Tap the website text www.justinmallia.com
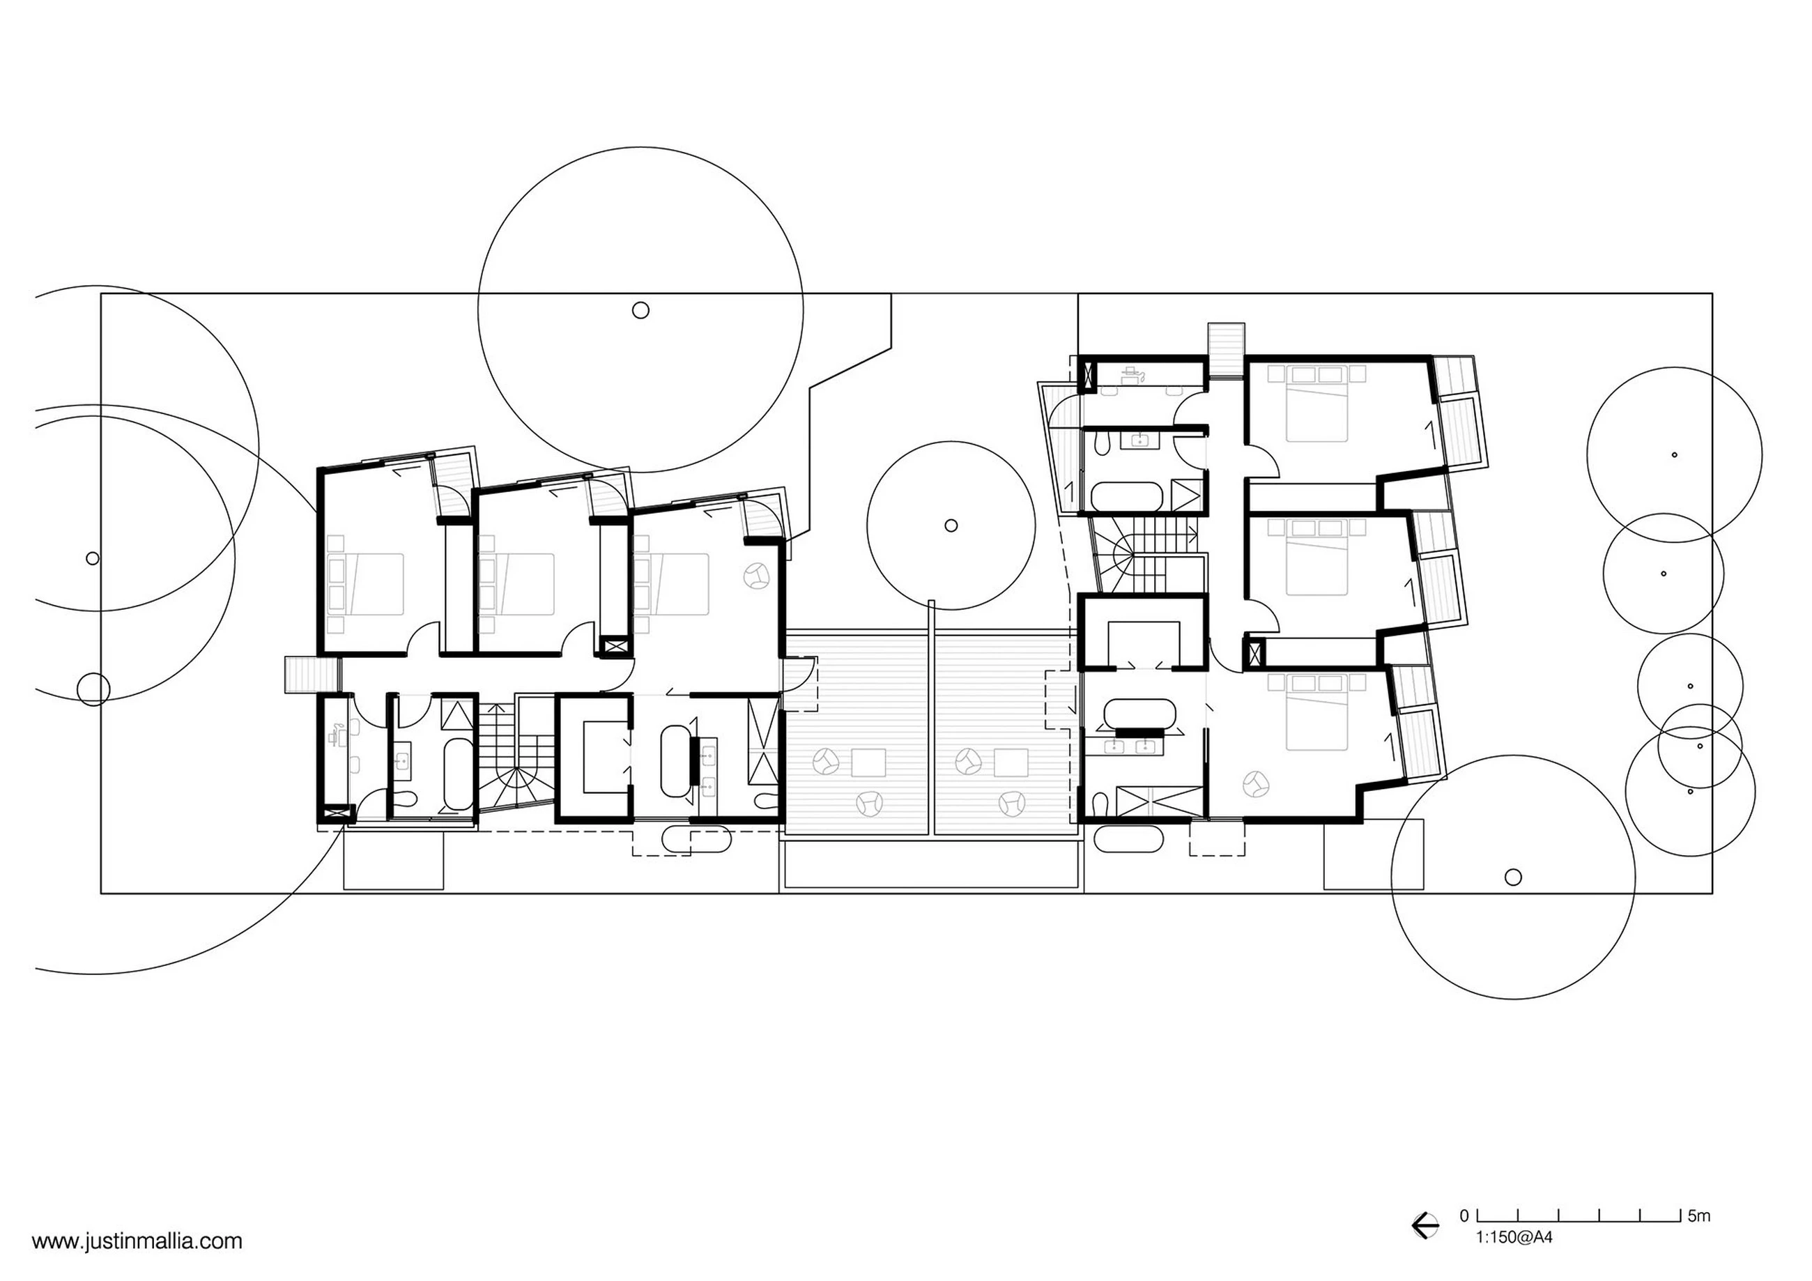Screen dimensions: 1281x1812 point(137,1241)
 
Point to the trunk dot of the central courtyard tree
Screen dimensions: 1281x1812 point(951,525)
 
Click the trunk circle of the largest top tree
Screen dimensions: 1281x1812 point(641,310)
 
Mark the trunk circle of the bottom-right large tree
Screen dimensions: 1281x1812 point(1514,876)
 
